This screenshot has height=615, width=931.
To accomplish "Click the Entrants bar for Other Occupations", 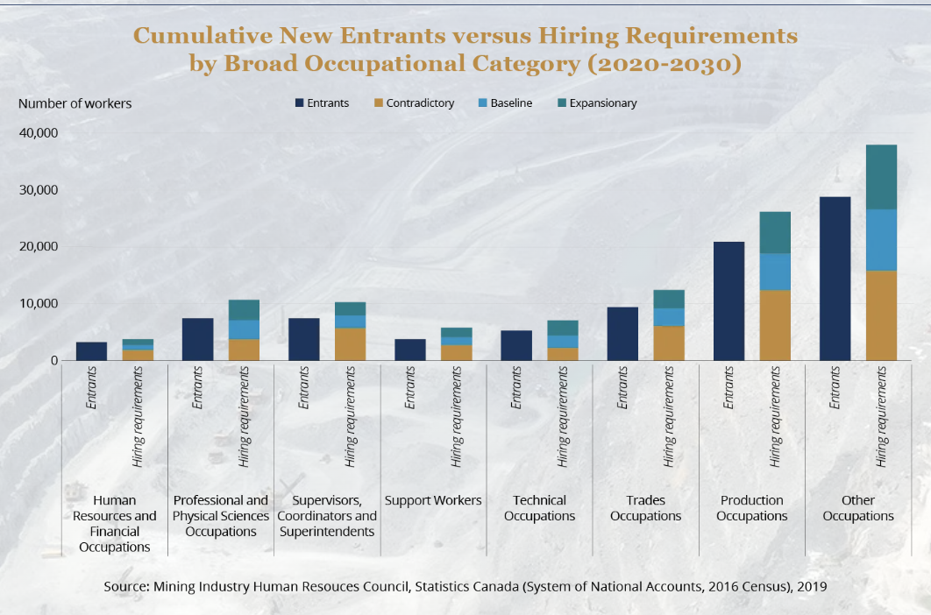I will coord(835,279).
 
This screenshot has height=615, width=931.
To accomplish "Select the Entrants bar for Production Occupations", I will coord(728,300).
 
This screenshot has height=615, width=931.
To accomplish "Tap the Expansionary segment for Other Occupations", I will coord(881,177).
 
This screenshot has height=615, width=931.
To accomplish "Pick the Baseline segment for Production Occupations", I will coord(775,272).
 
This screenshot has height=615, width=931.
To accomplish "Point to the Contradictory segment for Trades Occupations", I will coord(669,343).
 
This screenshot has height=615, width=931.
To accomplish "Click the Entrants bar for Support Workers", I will coord(410,350).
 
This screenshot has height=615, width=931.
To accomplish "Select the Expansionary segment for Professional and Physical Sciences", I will coord(244,310).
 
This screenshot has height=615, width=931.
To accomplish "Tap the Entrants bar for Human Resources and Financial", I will coord(91,351).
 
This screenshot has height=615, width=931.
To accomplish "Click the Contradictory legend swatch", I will coord(379,103).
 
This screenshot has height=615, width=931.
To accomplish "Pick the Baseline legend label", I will coord(511,103).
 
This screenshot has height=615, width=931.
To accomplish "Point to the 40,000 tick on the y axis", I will coord(38,133).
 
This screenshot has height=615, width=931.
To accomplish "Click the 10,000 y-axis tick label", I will coord(38,304).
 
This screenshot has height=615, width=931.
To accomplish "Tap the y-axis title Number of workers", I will coord(75,103).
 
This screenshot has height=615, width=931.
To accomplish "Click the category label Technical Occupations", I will coord(540,508).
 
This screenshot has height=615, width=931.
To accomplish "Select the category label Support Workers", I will coord(433,500).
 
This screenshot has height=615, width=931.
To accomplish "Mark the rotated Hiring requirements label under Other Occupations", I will coord(881,415).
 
